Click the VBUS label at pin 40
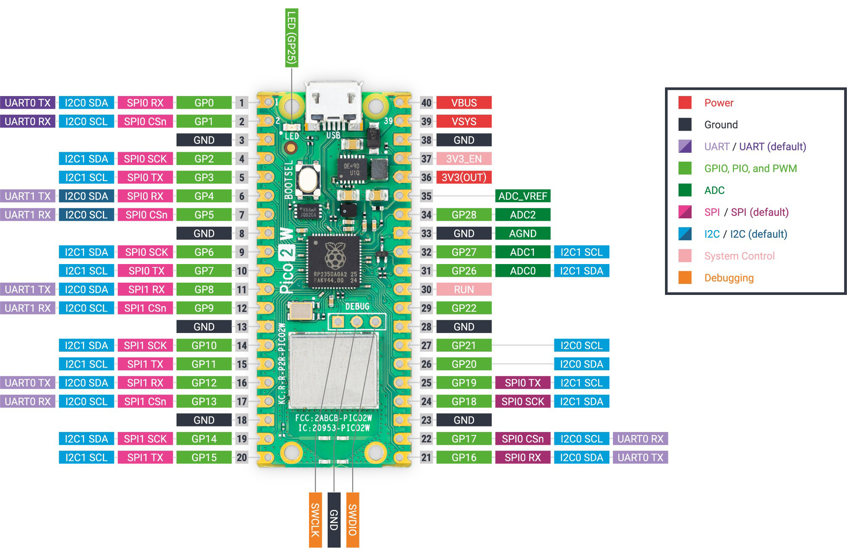(464, 103)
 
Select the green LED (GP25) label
(292, 38)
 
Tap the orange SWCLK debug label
(315, 520)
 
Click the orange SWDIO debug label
(353, 520)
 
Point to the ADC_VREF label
(522, 196)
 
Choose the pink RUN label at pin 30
(464, 289)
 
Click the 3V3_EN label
(464, 159)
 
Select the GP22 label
(464, 308)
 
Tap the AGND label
(522, 234)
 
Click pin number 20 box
(242, 457)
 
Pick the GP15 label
(204, 457)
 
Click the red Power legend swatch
(684, 103)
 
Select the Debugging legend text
(728, 278)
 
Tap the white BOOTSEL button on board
(308, 179)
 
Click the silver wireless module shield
(333, 371)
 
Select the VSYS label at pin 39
(464, 121)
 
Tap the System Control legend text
(739, 256)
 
